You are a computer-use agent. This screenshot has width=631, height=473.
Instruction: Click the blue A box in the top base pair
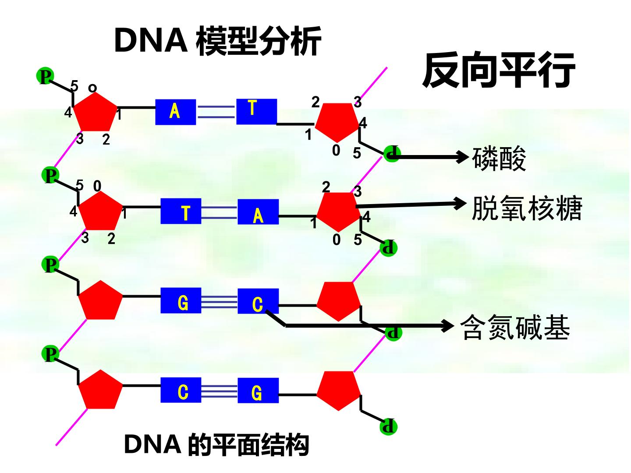(176, 112)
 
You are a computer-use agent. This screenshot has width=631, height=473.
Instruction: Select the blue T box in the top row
(257, 112)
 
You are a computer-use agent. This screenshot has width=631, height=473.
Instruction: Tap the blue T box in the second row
(181, 211)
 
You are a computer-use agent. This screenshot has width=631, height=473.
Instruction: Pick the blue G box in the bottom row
(258, 391)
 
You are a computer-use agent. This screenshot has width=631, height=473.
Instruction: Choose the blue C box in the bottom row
(181, 390)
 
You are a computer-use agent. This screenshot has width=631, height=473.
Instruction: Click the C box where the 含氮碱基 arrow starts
(258, 301)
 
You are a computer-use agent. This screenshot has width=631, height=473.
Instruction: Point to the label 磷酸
(499, 159)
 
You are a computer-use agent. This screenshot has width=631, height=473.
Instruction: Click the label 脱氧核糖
(527, 208)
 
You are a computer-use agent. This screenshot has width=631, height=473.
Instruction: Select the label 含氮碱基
(515, 327)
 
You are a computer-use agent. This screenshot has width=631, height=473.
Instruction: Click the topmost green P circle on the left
(45, 76)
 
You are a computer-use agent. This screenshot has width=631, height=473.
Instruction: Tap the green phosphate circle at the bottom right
(388, 427)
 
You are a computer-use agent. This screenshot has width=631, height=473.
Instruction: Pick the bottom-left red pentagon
(100, 389)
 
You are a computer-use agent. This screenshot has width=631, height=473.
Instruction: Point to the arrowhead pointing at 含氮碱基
(448, 326)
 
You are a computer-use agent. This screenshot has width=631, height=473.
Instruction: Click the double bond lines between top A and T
(216, 112)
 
